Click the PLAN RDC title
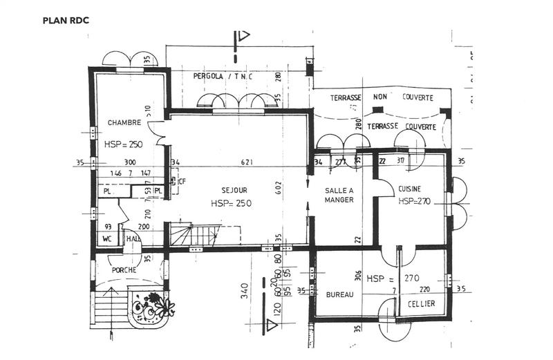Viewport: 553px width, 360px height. click(x=66, y=20)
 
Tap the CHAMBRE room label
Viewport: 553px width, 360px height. click(x=124, y=122)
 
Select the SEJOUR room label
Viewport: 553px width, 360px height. click(x=235, y=190)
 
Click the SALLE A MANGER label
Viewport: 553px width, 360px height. click(x=339, y=195)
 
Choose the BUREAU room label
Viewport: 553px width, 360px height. click(x=339, y=294)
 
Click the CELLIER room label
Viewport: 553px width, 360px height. click(x=420, y=304)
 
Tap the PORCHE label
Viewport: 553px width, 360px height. click(x=124, y=269)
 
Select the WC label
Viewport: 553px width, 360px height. click(x=107, y=239)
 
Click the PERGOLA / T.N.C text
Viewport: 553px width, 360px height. click(x=223, y=76)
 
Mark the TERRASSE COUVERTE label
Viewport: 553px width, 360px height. click(x=401, y=127)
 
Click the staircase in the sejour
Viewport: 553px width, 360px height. click(x=193, y=235)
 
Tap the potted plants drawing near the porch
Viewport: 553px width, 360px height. click(x=150, y=307)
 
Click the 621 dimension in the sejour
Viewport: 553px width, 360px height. click(x=246, y=162)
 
